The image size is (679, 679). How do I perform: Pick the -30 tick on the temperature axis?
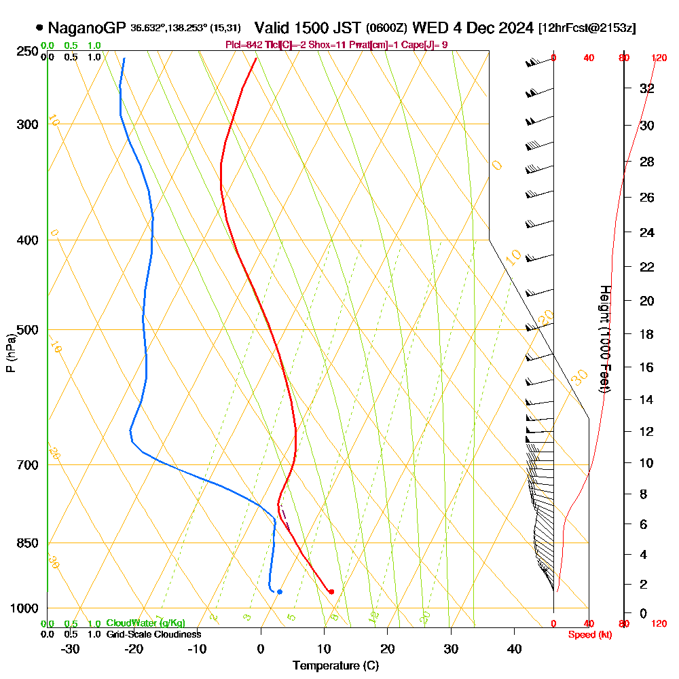[71, 648]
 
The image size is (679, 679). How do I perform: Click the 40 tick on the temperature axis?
[514, 648]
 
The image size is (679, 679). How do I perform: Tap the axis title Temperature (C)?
[335, 666]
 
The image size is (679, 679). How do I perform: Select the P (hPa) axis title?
[10, 353]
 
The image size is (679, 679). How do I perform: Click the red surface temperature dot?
[331, 591]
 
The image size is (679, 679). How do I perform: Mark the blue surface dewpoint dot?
[279, 591]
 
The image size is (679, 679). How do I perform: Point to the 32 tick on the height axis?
[647, 88]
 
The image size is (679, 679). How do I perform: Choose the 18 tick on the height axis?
[647, 334]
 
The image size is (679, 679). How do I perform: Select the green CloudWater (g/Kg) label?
[145, 623]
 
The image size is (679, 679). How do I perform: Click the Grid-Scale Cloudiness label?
[153, 634]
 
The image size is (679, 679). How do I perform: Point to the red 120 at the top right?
[659, 58]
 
